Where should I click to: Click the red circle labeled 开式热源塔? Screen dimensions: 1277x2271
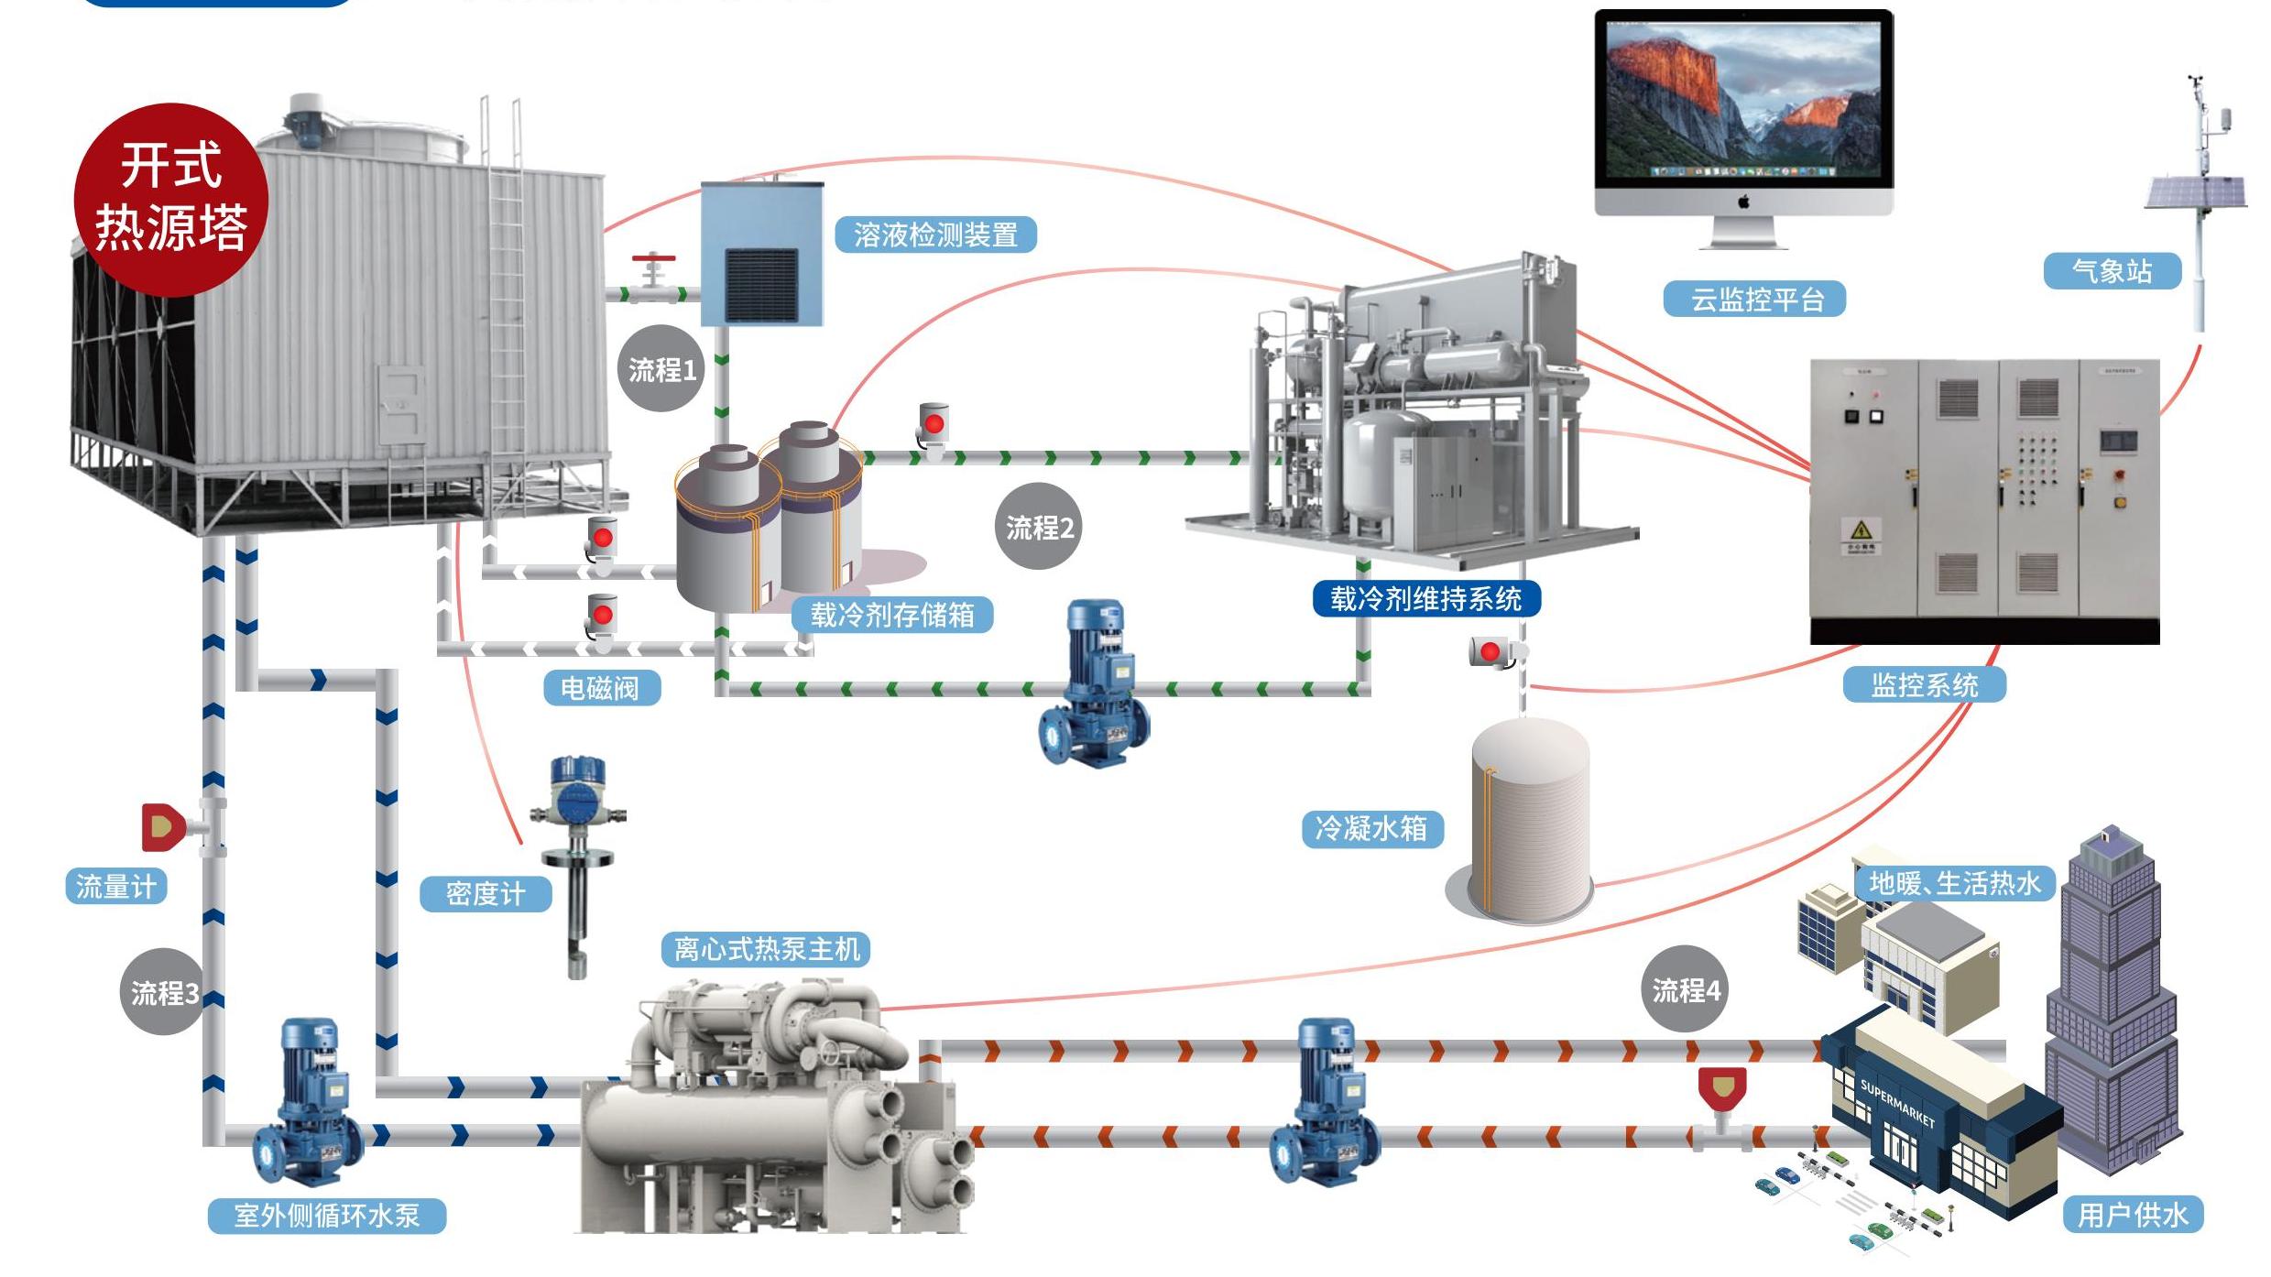[171, 199]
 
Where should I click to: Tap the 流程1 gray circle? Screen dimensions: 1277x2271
[661, 368]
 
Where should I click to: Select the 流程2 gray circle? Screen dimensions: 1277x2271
[1038, 527]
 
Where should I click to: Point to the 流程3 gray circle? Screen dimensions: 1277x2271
[163, 992]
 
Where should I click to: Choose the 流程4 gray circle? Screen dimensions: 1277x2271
[1685, 989]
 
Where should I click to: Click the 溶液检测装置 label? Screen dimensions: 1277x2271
[935, 235]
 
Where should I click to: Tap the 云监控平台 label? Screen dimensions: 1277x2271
[1754, 300]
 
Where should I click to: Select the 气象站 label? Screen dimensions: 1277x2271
[2112, 271]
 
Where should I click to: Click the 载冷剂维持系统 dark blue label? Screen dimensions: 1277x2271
[1426, 599]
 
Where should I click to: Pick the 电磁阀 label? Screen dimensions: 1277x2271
[600, 688]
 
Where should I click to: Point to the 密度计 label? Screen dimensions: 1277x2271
[486, 894]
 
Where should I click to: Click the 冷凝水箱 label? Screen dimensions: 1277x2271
[1371, 829]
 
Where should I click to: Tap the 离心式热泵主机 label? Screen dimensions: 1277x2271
[766, 949]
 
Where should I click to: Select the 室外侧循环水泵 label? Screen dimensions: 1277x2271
[327, 1216]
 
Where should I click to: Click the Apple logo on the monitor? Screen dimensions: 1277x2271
[1744, 202]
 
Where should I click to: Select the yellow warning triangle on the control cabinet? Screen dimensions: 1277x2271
[1861, 529]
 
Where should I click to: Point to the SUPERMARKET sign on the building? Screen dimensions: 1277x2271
[1897, 1103]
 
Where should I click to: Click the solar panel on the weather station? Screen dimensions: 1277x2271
[2195, 192]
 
